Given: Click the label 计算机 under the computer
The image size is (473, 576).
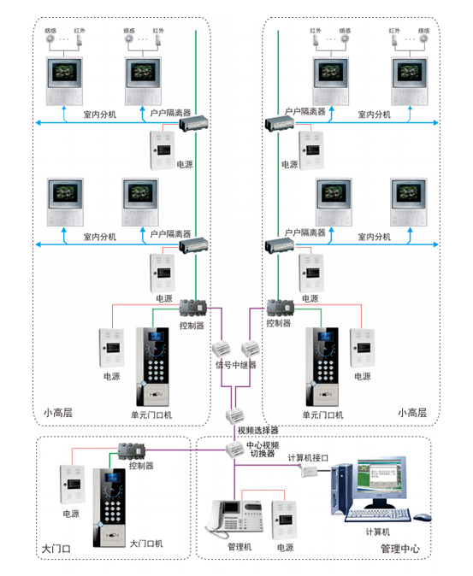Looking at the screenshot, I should click(376, 531).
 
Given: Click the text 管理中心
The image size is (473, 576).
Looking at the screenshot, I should click(399, 548).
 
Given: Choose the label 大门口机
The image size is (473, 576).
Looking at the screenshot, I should click(146, 543).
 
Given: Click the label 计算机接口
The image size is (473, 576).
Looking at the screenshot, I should click(307, 459).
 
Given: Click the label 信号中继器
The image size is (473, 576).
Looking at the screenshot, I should click(235, 365).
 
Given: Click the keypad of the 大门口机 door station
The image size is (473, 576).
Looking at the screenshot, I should click(112, 509).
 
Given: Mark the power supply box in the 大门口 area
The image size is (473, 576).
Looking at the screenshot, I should click(70, 485).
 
